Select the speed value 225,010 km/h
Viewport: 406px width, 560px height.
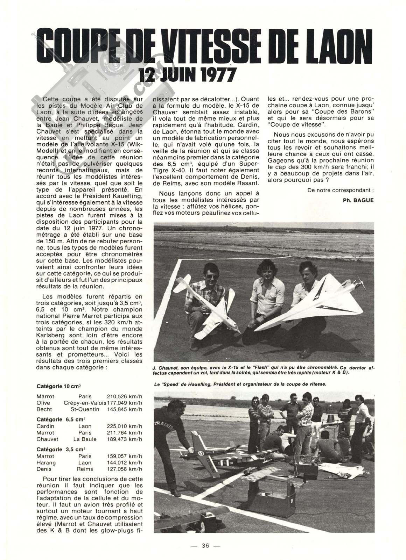pyautogui.click(x=124, y=426)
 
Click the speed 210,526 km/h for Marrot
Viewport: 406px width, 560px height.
pyautogui.click(x=124, y=396)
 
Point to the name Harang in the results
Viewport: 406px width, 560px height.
pyautogui.click(x=46, y=462)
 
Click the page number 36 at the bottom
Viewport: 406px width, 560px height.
pyautogui.click(x=205, y=546)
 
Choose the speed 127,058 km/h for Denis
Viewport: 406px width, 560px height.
pyautogui.click(x=124, y=469)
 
